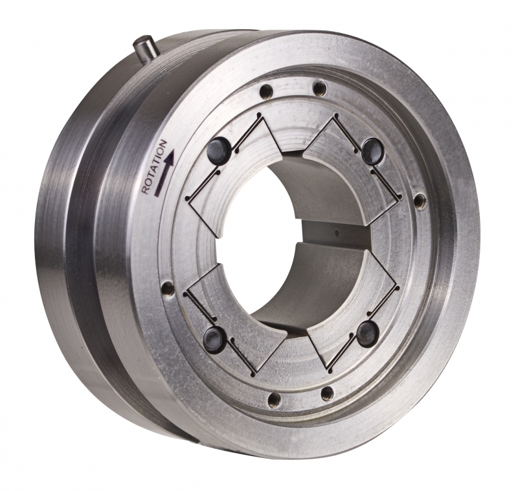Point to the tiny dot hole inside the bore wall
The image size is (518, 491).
click(338, 230)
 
